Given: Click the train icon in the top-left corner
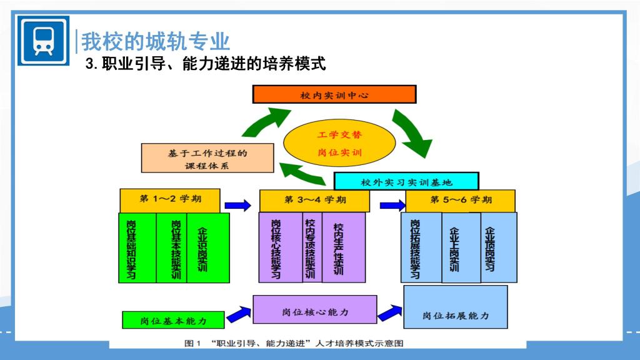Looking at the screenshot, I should pyautogui.click(x=43, y=41).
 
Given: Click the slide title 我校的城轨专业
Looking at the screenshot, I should pyautogui.click(x=156, y=41).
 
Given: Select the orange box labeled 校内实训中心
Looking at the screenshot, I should pyautogui.click(x=334, y=94).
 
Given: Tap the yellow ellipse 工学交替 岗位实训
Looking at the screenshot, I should pyautogui.click(x=339, y=143).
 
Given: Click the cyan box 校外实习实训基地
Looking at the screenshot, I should pyautogui.click(x=406, y=181).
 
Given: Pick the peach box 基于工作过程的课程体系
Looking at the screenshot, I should pyautogui.click(x=207, y=158).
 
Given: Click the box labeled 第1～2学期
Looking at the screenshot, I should pyautogui.click(x=170, y=200).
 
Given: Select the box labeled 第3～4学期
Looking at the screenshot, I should pyautogui.click(x=314, y=201).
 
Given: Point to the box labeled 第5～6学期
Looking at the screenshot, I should pyautogui.click(x=461, y=201).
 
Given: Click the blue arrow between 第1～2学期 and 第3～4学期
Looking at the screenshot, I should pyautogui.click(x=237, y=204).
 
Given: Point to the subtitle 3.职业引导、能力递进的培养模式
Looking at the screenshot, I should pyautogui.click(x=206, y=63).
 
